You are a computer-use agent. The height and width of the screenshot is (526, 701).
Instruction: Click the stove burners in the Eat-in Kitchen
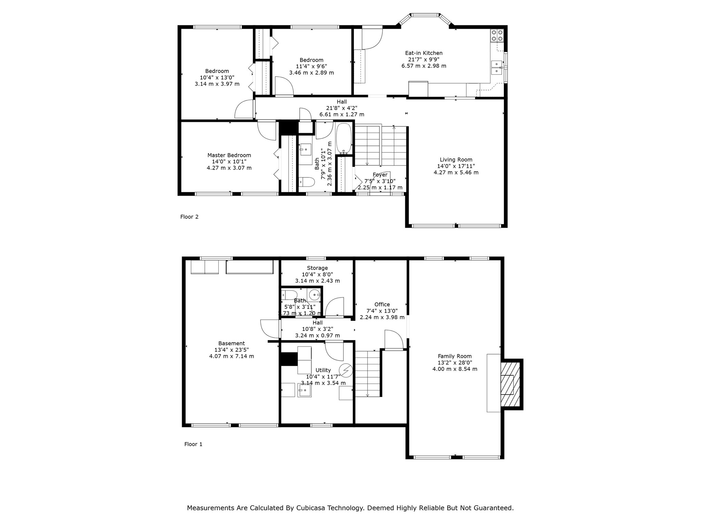click(497, 36)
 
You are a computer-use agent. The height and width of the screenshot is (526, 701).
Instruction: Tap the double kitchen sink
click(496, 68)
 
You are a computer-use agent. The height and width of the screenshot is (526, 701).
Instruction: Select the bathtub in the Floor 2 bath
click(343, 138)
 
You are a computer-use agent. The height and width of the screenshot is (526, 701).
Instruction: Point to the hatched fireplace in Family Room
click(510, 384)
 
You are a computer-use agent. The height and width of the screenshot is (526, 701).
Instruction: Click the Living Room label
click(456, 160)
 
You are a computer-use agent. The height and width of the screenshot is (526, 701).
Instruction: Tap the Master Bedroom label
click(229, 155)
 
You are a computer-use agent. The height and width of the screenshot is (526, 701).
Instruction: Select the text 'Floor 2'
click(189, 217)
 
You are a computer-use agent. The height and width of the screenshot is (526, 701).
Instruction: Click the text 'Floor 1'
click(193, 444)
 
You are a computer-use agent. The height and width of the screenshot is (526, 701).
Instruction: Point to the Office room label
click(382, 304)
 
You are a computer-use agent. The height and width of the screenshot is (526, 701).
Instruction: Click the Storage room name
click(317, 268)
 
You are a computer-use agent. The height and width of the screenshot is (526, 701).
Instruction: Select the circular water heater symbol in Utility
click(346, 370)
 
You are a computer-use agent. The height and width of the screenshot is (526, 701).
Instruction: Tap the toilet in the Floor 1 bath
click(289, 295)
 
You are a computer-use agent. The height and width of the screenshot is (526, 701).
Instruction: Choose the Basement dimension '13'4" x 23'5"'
click(231, 350)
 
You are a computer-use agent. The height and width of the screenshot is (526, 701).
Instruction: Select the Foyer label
click(380, 175)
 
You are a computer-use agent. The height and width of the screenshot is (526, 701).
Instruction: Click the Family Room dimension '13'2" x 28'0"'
click(455, 363)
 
